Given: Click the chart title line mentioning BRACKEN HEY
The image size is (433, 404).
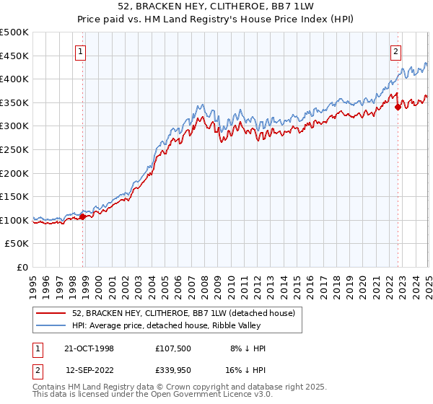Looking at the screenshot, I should [x=216, y=7].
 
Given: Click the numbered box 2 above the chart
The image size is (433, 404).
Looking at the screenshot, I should [x=396, y=50].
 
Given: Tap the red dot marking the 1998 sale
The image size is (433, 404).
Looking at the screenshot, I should [x=83, y=216].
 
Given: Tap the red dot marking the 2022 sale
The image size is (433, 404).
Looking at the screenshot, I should [x=398, y=107].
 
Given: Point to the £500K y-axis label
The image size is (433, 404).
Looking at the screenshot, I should [x=14, y=32].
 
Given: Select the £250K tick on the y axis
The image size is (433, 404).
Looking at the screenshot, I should [x=14, y=149].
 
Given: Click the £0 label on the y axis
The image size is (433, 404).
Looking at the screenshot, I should [x=23, y=267].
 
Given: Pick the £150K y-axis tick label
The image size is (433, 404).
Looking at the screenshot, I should [x=14, y=196].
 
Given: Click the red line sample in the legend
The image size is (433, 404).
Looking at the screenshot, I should [x=52, y=314].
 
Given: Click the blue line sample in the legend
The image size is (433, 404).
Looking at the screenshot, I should [x=52, y=325].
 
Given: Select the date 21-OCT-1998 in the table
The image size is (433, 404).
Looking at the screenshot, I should [x=89, y=348].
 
